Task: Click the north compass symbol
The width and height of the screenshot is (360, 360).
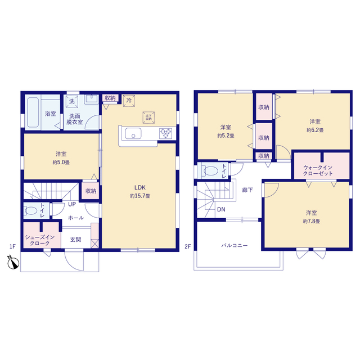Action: (13, 262)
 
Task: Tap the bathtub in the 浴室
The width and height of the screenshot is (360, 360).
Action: (33, 112)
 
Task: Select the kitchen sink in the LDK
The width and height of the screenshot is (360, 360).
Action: (133, 134)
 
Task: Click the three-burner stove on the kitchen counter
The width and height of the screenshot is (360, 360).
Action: (166, 133)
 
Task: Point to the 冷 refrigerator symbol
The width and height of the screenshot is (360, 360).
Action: (129, 101)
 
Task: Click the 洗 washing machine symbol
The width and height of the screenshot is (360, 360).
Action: (72, 101)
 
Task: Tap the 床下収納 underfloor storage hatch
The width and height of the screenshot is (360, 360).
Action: (148, 118)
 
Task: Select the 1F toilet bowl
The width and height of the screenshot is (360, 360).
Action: (31, 211)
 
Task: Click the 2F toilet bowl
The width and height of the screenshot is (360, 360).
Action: (210, 171)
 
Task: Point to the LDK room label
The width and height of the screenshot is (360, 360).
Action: (140, 187)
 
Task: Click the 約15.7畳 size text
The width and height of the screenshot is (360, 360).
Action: (140, 196)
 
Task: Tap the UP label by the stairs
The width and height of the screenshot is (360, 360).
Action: (72, 204)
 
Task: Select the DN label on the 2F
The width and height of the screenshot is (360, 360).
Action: (221, 209)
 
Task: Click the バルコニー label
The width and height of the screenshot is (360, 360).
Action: (235, 246)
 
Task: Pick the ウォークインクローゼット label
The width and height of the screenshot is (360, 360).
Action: (318, 170)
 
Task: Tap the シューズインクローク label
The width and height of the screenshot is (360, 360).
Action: (40, 240)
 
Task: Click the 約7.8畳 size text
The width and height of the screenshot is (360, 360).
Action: (311, 221)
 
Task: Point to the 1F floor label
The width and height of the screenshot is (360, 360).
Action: (12, 246)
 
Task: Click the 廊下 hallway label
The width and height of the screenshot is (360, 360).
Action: (247, 190)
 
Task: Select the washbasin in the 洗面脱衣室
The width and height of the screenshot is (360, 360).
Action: (91, 99)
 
